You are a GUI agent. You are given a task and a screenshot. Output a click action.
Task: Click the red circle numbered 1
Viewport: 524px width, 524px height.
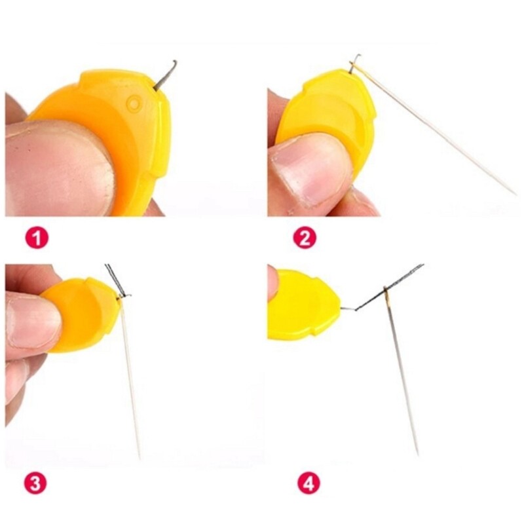37,238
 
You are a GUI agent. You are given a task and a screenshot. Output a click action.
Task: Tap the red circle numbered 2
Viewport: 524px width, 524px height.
304,238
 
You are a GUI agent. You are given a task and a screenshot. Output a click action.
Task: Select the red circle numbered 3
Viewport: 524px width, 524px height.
37,484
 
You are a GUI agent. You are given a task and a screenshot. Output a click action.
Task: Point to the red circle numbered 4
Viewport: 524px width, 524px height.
309,484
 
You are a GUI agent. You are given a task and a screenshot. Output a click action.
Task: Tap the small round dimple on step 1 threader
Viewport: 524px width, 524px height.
133,103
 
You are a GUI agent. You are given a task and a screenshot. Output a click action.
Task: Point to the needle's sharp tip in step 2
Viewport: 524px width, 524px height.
515,194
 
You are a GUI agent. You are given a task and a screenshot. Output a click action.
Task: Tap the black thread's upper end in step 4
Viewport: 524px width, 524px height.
421,265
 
